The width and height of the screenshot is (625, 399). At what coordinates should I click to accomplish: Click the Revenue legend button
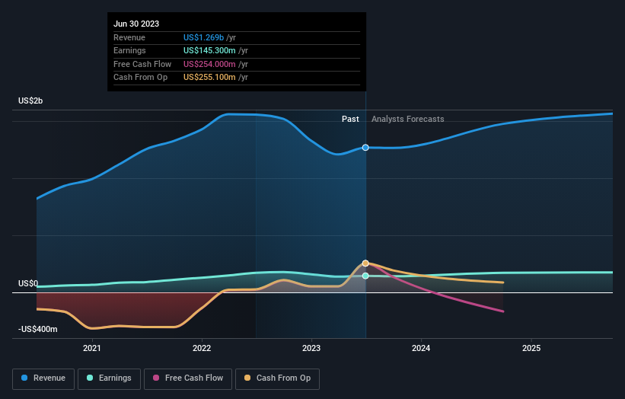44,378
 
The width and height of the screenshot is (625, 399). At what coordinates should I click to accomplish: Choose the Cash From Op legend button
278,378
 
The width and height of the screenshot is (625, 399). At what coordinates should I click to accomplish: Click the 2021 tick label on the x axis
92,348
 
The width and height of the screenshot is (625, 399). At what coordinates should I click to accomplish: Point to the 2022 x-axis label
202,348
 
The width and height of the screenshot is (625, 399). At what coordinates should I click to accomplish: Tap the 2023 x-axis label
311,348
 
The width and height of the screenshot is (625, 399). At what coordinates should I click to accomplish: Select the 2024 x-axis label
421,348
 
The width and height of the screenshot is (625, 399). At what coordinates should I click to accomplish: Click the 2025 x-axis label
531,348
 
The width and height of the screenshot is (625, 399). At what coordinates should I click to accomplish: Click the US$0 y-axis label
28,283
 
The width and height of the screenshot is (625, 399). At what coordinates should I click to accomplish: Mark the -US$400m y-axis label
36,330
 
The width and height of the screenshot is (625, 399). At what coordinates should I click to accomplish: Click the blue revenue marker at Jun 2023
366,147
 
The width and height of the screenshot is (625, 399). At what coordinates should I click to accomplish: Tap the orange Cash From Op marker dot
366,263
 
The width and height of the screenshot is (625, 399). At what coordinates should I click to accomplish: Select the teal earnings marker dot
366,276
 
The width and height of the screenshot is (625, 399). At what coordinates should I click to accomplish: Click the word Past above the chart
350,119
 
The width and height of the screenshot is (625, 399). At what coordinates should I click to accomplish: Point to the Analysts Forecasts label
407,119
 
